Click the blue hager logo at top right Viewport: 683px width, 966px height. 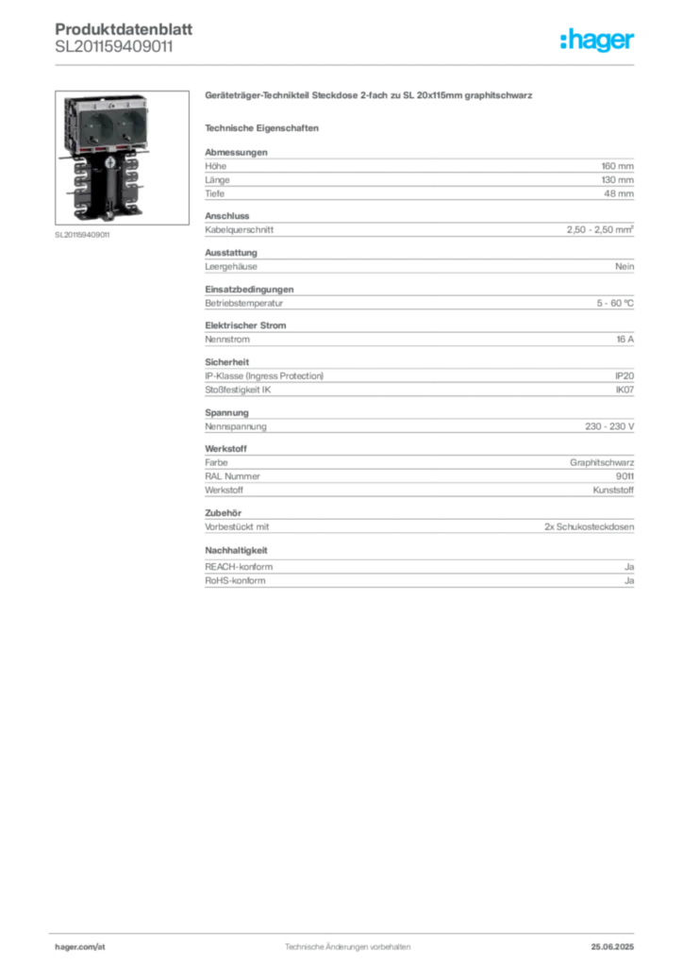598,41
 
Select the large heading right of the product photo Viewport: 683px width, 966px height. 370,96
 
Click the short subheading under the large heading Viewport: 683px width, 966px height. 264,127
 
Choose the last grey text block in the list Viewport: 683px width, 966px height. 419,569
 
